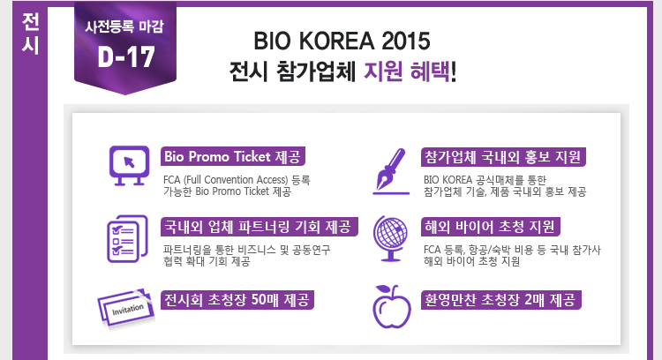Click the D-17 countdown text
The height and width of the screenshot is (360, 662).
(126, 56)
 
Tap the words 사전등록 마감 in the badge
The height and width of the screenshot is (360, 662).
(124, 27)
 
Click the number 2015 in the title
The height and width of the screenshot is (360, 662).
(406, 41)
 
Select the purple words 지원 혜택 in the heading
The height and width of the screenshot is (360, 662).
(407, 71)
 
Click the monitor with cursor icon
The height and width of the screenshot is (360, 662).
(129, 166)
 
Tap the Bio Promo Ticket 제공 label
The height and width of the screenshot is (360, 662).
(233, 156)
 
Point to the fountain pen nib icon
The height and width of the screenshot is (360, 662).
(391, 171)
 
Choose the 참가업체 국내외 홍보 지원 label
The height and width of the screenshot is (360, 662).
(503, 157)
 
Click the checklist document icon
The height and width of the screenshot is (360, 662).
(127, 238)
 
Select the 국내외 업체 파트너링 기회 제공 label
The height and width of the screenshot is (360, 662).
(259, 227)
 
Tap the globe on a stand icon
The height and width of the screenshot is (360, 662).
(390, 238)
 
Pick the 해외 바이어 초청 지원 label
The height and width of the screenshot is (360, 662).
(490, 227)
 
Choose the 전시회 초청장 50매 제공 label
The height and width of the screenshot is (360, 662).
(237, 300)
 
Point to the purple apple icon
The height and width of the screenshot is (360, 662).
(391, 307)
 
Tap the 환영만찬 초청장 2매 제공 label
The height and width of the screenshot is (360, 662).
(501, 300)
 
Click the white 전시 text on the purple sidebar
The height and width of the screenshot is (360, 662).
(30, 34)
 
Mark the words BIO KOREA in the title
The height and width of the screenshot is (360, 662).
(314, 41)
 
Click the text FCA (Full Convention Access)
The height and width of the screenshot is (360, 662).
(225, 180)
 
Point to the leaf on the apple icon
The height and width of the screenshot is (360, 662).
(384, 289)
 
